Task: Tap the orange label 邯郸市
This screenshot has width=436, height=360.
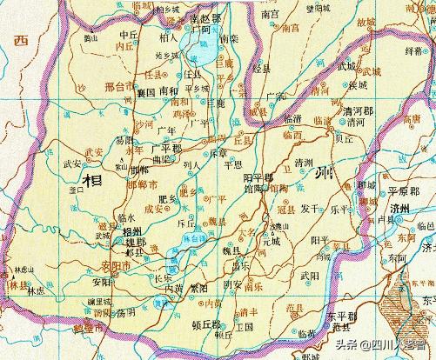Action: point(143,185)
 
